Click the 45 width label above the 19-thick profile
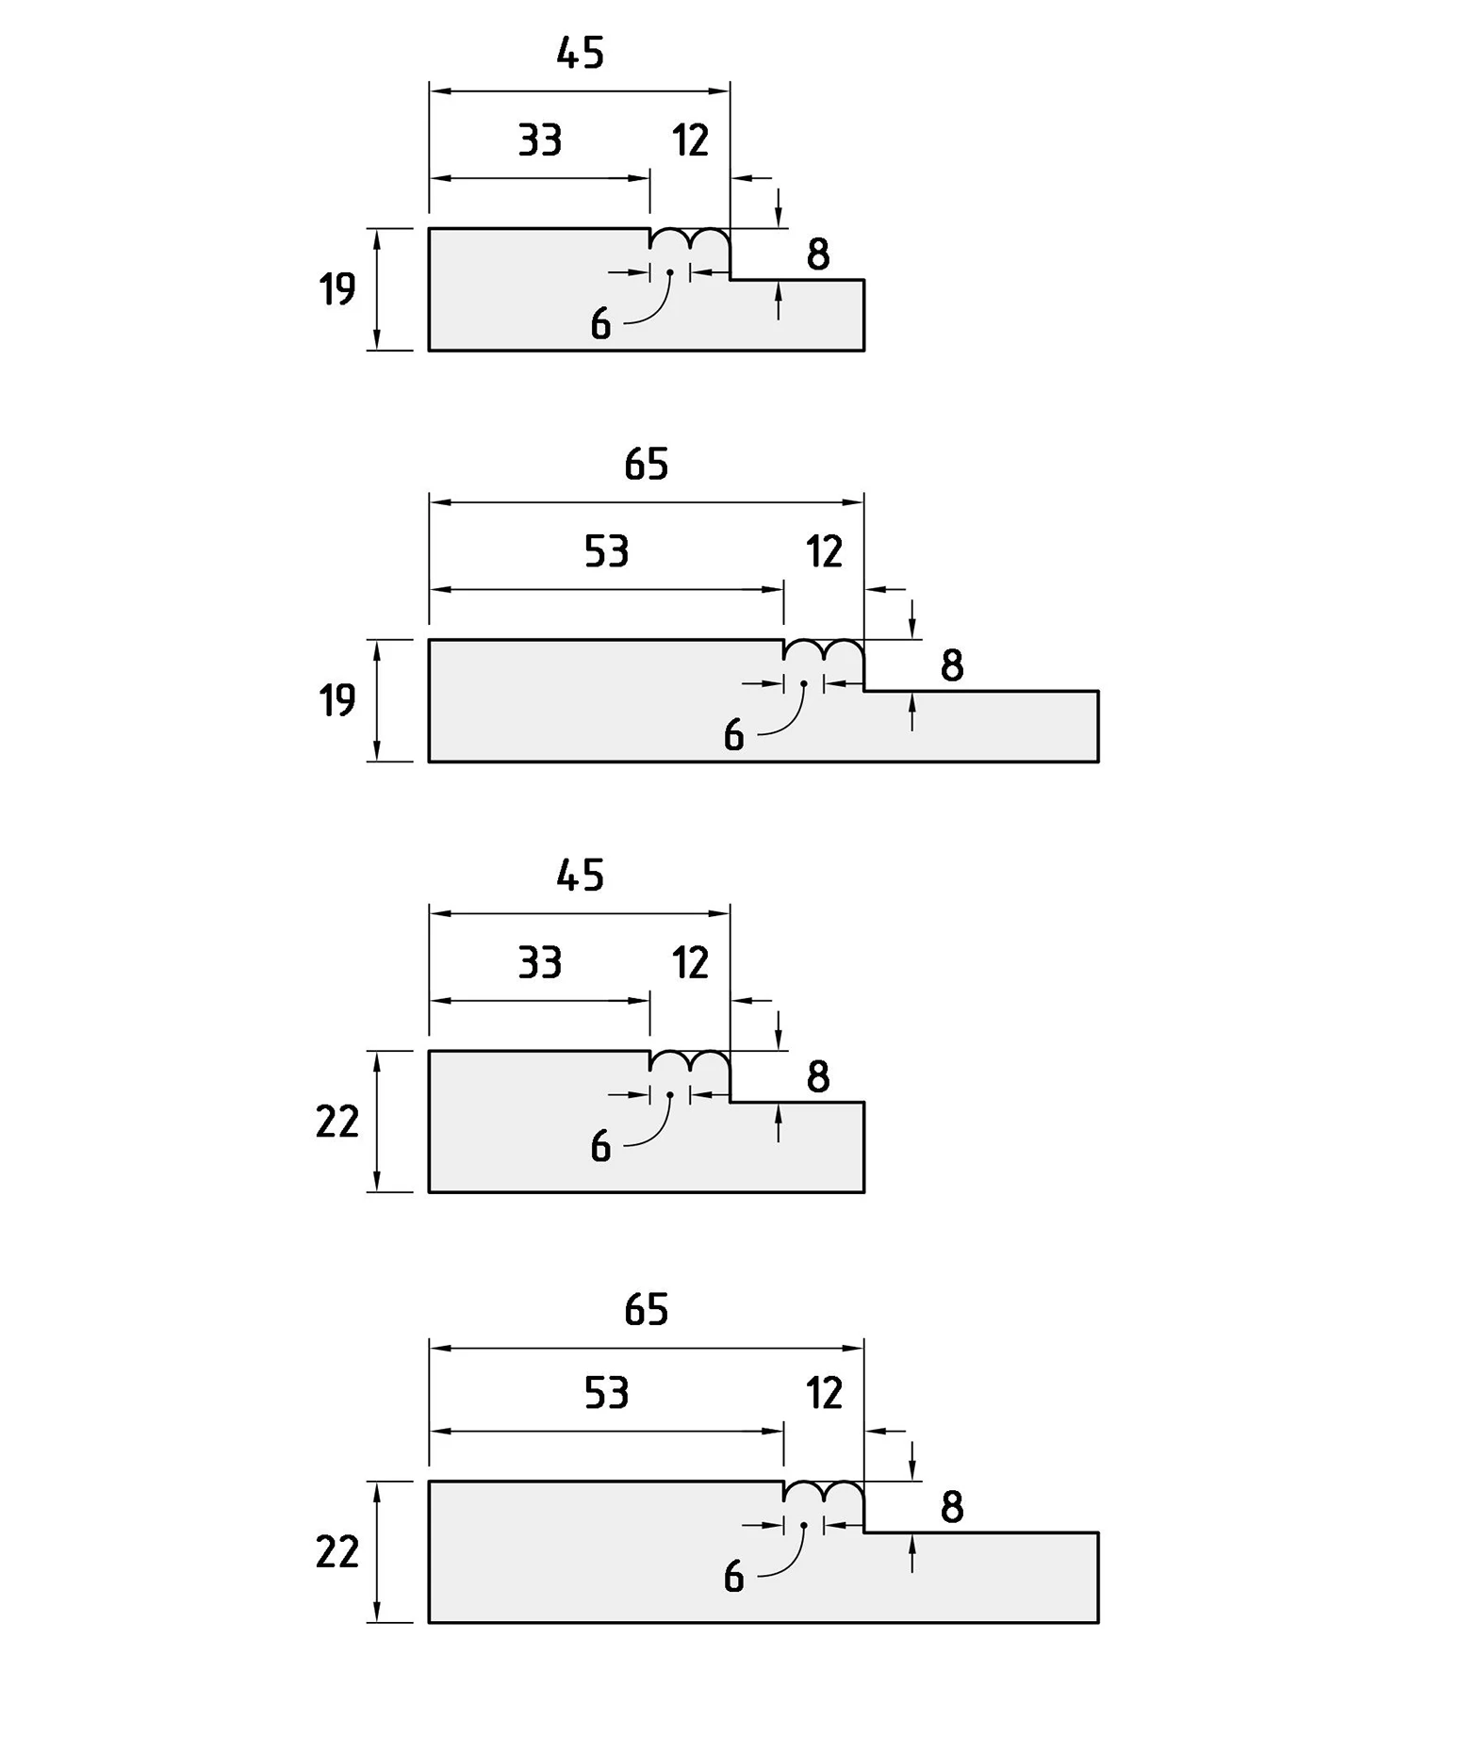pyautogui.click(x=580, y=54)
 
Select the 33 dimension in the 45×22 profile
pyautogui.click(x=540, y=963)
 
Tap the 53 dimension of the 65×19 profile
pyautogui.click(x=606, y=551)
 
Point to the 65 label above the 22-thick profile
pyautogui.click(x=647, y=1310)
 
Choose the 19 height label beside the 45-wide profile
pyautogui.click(x=337, y=289)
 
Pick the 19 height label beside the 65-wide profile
pyautogui.click(x=337, y=700)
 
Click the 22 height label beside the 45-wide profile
pyautogui.click(x=337, y=1122)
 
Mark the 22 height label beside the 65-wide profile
pyautogui.click(x=337, y=1552)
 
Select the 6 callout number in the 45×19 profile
pyautogui.click(x=600, y=325)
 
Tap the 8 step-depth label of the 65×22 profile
pyautogui.click(x=952, y=1507)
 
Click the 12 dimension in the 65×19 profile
pyautogui.click(x=824, y=551)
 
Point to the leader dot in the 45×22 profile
pyautogui.click(x=670, y=1094)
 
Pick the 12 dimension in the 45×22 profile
pyautogui.click(x=690, y=963)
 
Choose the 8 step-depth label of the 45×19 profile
pyautogui.click(x=818, y=254)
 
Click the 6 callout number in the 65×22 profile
pyautogui.click(x=733, y=1577)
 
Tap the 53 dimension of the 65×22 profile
pyautogui.click(x=606, y=1393)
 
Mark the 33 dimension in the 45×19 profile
pyautogui.click(x=540, y=140)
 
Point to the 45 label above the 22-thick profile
pyautogui.click(x=580, y=876)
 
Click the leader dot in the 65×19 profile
pyautogui.click(x=804, y=683)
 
